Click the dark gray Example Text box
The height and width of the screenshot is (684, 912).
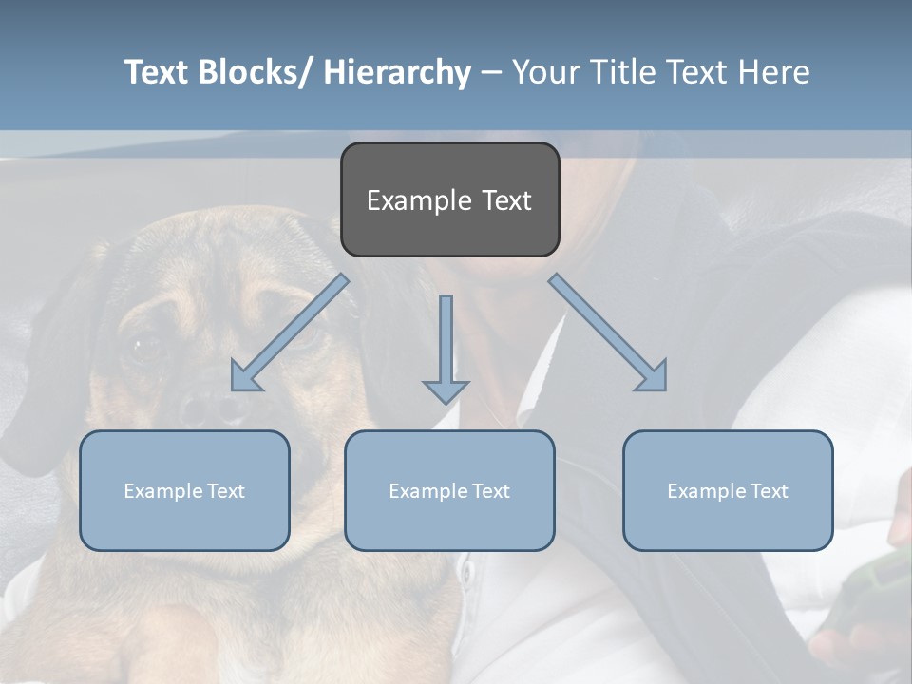click(x=449, y=199)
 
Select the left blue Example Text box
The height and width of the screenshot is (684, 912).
click(x=184, y=490)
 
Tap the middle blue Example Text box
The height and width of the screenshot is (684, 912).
click(x=449, y=490)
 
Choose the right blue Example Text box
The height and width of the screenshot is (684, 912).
click(x=728, y=490)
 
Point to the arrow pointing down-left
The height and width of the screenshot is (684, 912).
click(x=289, y=333)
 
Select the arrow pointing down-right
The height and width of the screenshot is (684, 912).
click(x=608, y=332)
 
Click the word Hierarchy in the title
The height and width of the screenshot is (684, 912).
click(x=396, y=72)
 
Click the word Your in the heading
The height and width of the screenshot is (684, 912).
click(x=545, y=72)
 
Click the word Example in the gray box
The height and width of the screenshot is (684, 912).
click(x=419, y=200)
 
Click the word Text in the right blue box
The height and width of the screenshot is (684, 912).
click(x=769, y=490)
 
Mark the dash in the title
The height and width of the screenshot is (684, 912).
click(x=491, y=72)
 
